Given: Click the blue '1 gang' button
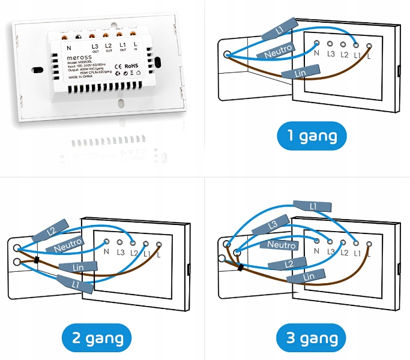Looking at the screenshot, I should (312, 136).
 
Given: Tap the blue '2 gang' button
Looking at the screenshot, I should (98, 338).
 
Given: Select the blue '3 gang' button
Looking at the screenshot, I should (312, 338).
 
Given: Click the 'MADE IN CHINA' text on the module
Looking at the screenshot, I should (81, 77).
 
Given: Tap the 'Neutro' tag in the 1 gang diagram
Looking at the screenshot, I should (276, 50).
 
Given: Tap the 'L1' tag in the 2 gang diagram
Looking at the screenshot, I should (75, 281).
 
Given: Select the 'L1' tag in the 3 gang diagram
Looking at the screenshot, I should (313, 206).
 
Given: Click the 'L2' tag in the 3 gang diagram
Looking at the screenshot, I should (289, 263).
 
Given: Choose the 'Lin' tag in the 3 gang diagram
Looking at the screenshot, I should (309, 276).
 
